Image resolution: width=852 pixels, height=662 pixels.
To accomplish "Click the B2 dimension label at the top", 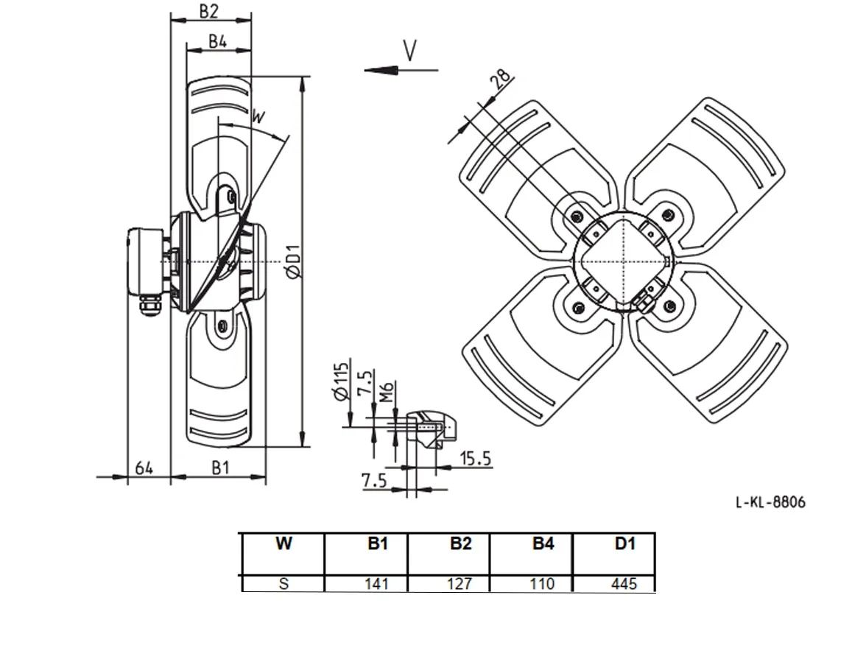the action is (208, 11).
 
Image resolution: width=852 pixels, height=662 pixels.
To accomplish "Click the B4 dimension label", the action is (218, 41).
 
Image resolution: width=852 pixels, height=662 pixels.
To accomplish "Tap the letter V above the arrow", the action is (411, 51).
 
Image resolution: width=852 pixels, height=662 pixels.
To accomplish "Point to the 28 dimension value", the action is (501, 79).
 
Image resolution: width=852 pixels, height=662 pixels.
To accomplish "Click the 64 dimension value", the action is (144, 468).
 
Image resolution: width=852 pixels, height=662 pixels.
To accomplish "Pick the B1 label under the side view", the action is (221, 468).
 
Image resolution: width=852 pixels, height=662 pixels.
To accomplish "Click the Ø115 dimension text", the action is (341, 381).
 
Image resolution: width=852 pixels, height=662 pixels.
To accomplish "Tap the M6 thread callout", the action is (386, 392).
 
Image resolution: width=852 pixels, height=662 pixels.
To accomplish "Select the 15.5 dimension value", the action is (476, 459).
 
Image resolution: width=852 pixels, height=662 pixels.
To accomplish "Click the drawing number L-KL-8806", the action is (770, 502).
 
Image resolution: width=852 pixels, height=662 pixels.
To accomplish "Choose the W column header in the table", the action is (284, 543).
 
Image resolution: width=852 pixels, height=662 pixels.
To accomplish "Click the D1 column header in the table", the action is (625, 543).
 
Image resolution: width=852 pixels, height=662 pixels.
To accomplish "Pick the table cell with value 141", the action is (376, 584).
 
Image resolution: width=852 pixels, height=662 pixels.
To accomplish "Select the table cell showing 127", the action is (460, 584).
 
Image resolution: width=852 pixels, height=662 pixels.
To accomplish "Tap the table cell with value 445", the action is (624, 584).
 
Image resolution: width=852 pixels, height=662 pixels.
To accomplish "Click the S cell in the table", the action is (284, 584).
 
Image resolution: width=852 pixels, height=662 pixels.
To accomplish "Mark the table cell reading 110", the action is (542, 584).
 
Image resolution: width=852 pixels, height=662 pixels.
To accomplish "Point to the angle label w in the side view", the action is (258, 116).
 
